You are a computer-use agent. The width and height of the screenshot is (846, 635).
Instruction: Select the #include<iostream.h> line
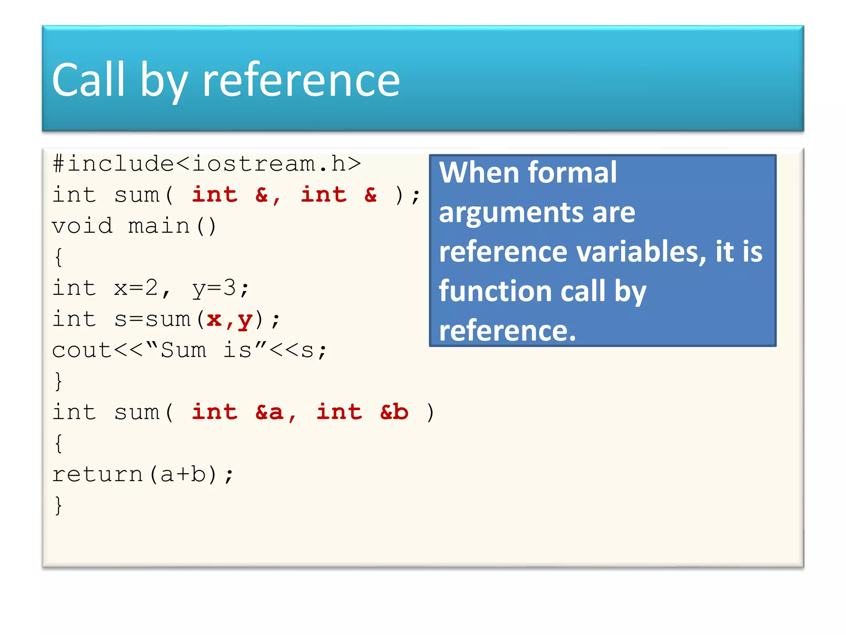207,164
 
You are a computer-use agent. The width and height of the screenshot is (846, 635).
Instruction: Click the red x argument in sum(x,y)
214,319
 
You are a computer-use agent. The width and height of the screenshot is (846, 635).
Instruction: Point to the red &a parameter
270,412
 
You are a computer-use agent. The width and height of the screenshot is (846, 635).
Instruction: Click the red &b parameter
394,412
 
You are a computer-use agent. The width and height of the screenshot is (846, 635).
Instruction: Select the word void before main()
82,226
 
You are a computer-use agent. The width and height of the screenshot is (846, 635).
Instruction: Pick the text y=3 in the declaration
214,288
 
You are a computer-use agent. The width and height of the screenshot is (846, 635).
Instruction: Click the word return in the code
97,474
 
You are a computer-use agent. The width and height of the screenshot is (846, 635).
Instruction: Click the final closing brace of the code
58,505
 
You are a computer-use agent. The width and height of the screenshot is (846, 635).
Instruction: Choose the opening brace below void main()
58,257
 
